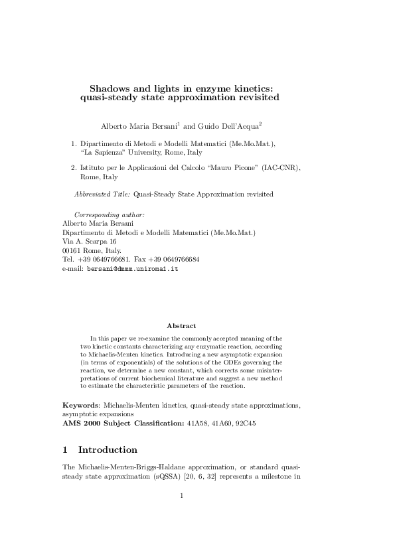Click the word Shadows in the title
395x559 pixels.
tap(112, 87)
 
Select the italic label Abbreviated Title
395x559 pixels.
tap(102, 194)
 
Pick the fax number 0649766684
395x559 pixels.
tap(177, 260)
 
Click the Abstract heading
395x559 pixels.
tap(181, 326)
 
